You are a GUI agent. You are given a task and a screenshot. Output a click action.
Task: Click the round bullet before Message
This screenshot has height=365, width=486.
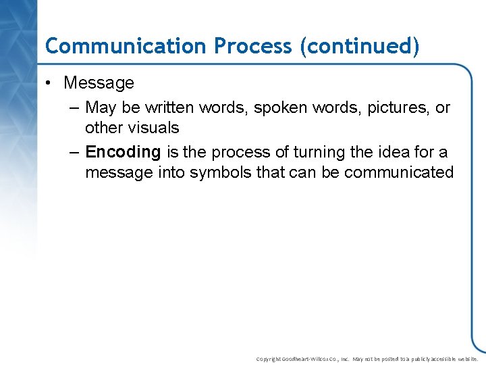pyautogui.click(x=50, y=83)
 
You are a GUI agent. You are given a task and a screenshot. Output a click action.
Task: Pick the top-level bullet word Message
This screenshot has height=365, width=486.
pyautogui.click(x=99, y=83)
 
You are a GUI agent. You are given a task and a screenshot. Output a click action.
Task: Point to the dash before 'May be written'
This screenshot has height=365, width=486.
pyautogui.click(x=74, y=108)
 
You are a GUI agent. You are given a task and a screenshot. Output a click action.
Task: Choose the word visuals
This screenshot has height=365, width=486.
pyautogui.click(x=154, y=128)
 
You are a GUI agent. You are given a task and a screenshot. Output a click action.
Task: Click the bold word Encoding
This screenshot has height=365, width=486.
pyautogui.click(x=123, y=152)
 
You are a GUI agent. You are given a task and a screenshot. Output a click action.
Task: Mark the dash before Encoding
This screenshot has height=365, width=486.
pyautogui.click(x=74, y=152)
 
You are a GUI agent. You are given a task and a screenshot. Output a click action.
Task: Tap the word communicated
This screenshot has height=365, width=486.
pyautogui.click(x=399, y=172)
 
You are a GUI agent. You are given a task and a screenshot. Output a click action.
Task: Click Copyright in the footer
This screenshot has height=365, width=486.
pyautogui.click(x=270, y=359)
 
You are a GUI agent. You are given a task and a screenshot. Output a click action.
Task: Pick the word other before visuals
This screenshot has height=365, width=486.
pyautogui.click(x=104, y=128)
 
